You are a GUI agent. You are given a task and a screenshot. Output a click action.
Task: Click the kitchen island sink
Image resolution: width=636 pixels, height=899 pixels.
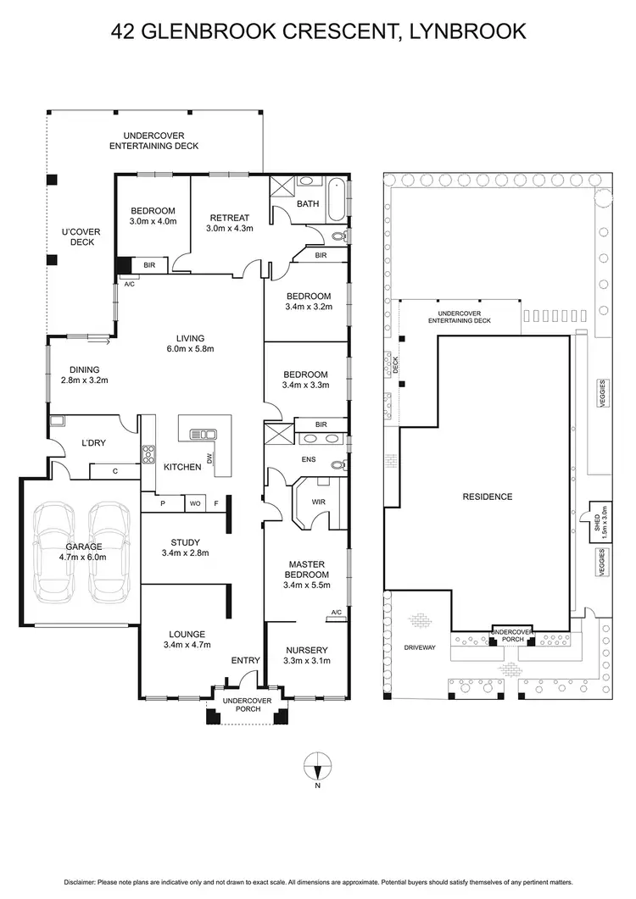(x=204, y=435)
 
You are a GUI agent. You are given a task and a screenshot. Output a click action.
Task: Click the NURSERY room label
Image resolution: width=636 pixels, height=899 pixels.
(x=306, y=650)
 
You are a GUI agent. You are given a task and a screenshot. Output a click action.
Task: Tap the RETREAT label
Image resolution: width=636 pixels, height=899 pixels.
(x=229, y=218)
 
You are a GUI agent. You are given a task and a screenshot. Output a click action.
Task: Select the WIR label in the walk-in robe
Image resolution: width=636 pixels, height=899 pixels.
(x=319, y=502)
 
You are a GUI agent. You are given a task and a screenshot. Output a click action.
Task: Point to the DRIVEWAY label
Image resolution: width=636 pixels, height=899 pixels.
(x=419, y=647)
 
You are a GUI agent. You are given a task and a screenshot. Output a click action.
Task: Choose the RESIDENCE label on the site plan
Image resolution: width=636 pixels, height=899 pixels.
(x=488, y=497)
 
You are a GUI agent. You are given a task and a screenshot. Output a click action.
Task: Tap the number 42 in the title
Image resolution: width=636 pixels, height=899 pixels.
(x=125, y=31)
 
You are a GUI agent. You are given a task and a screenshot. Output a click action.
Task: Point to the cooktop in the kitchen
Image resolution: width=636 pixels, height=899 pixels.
(x=148, y=452)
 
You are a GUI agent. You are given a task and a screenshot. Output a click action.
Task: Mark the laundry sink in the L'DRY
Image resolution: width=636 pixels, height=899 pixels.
(x=58, y=420)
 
